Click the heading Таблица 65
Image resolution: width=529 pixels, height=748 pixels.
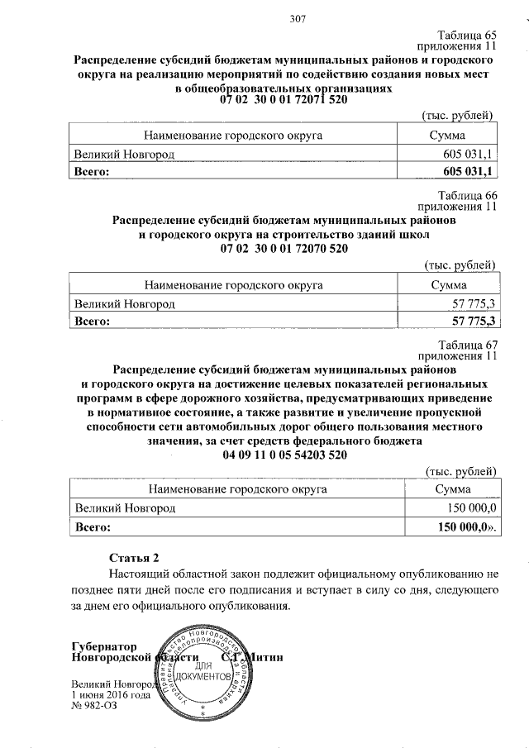tap(466, 36)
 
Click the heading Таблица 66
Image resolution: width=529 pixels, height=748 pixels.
tap(468, 195)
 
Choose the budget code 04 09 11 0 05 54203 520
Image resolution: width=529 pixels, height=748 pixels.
tap(284, 455)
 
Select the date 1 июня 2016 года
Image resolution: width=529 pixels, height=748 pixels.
tap(112, 695)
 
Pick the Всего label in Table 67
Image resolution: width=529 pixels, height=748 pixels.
tap(93, 526)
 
